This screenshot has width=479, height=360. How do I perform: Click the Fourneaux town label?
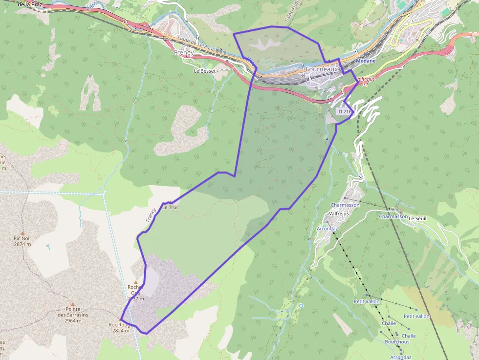coord(322,69)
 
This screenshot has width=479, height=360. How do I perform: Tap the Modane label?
coord(366,61)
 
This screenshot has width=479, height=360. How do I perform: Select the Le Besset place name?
coord(204,71)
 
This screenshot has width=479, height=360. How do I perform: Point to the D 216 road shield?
coord(344,112)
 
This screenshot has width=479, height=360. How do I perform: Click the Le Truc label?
coord(171,207)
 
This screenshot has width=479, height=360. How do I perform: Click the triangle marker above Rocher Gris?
coord(136,282)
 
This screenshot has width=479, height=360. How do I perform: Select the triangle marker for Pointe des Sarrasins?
coord(72,304)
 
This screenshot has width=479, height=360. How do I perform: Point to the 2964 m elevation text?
coord(72,320)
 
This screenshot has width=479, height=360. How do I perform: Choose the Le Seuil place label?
coord(417,218)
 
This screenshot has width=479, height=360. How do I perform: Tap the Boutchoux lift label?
coord(397,342)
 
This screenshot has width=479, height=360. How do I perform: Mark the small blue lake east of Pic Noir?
coord(47,247)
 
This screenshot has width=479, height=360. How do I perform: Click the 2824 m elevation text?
coord(121,330)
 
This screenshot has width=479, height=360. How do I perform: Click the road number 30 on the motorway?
coord(125,21)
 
